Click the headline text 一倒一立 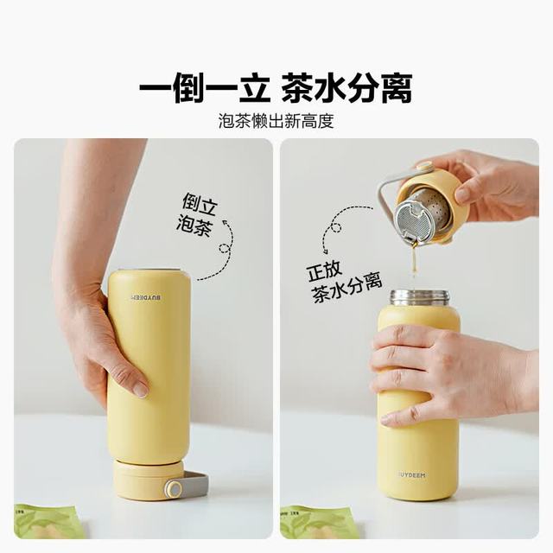pyautogui.click(x=205, y=87)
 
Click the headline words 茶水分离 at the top pyautogui.click(x=346, y=87)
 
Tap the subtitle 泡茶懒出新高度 pyautogui.click(x=276, y=121)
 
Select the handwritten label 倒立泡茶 pyautogui.click(x=196, y=214)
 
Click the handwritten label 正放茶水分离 pyautogui.click(x=344, y=283)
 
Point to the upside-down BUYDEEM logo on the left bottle pyautogui.click(x=146, y=297)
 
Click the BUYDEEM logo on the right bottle pyautogui.click(x=413, y=475)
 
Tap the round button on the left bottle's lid pyautogui.click(x=174, y=488)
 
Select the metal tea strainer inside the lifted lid pyautogui.click(x=422, y=215)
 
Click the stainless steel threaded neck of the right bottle pyautogui.click(x=420, y=298)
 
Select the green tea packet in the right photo pyautogui.click(x=314, y=523)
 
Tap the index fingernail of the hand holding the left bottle pyautogui.click(x=141, y=390)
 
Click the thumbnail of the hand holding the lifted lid pyautogui.click(x=463, y=194)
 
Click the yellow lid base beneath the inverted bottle pyautogui.click(x=148, y=480)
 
